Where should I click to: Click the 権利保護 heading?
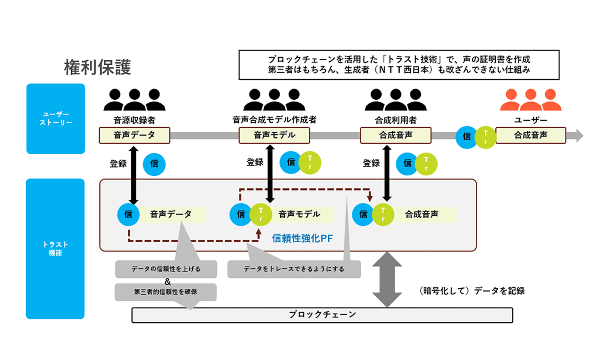click(x=97, y=67)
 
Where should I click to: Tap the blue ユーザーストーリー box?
click(x=56, y=119)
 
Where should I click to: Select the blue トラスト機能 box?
click(x=55, y=248)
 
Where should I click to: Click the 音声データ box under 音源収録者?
click(x=134, y=136)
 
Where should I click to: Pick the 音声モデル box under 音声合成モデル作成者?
click(x=274, y=136)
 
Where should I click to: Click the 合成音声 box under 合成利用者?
click(x=396, y=136)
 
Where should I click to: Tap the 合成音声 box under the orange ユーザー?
click(x=530, y=136)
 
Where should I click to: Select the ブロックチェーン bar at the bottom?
click(x=322, y=315)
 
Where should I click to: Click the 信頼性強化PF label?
click(x=302, y=239)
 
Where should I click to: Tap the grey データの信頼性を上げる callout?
click(x=166, y=269)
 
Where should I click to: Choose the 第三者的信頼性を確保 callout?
click(x=165, y=292)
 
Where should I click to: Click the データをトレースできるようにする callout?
click(x=294, y=269)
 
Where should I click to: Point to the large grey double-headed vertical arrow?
click(x=387, y=280)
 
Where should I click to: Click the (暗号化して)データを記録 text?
click(x=472, y=291)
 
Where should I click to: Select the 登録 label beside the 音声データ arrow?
click(x=118, y=164)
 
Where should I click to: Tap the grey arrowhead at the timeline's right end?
click(x=579, y=136)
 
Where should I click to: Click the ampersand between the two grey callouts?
click(x=168, y=281)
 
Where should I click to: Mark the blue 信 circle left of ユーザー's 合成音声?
click(x=467, y=137)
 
